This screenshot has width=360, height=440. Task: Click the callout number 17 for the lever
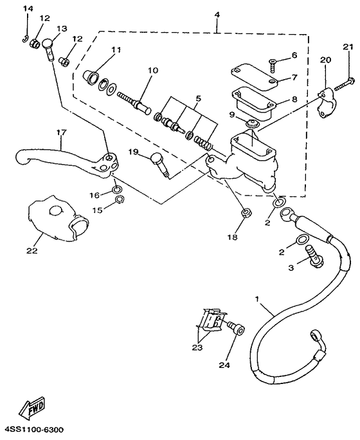tap(62, 133)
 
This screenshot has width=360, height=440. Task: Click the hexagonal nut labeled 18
tap(245, 215)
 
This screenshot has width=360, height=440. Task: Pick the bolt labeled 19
tap(158, 159)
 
